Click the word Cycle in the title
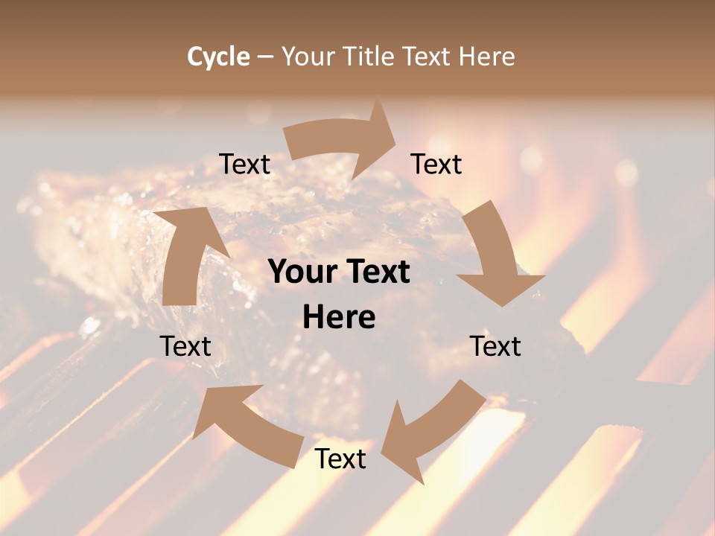(218, 57)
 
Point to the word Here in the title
(487, 57)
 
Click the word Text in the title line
(427, 57)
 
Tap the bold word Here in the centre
(339, 318)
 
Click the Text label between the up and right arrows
(245, 165)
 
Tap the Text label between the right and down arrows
(436, 165)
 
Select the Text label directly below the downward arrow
(495, 346)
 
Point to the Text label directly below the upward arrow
(185, 346)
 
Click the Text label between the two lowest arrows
(340, 459)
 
